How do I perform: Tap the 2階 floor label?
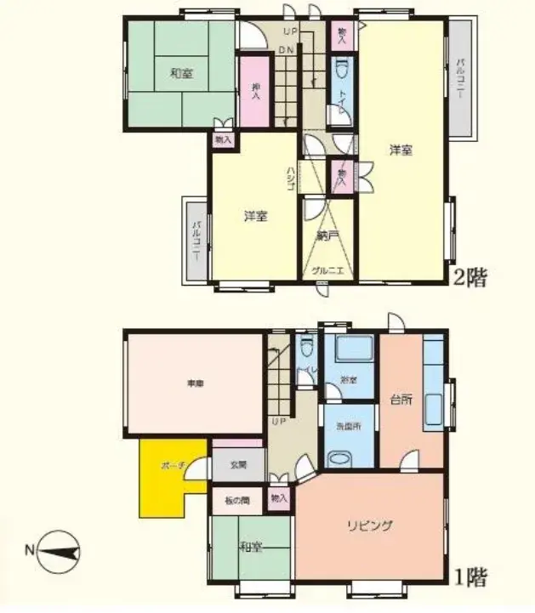pyautogui.click(x=469, y=278)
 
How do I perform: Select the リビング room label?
pyautogui.click(x=368, y=525)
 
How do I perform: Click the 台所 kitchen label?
pyautogui.click(x=401, y=400)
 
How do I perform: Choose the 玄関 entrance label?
pyautogui.click(x=237, y=465)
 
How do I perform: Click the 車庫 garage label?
pyautogui.click(x=195, y=384)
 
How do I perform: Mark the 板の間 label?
pyautogui.click(x=237, y=500)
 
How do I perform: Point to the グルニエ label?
pyautogui.click(x=327, y=270)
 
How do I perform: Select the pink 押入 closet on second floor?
pyautogui.click(x=254, y=92)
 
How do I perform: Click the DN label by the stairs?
pyautogui.click(x=287, y=50)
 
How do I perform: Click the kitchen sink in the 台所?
pyautogui.click(x=433, y=412)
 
